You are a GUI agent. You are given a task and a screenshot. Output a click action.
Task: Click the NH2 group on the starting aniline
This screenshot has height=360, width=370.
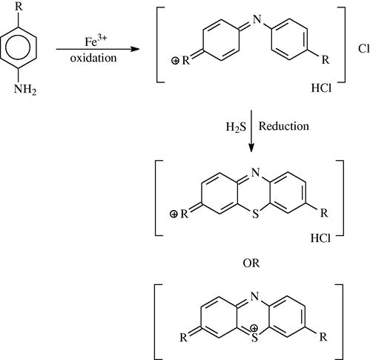(x=25, y=89)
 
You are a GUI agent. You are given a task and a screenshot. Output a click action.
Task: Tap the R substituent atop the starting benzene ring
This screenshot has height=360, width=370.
(x=19, y=6)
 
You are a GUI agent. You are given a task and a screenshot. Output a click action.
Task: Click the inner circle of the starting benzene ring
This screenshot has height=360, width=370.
(x=18, y=48)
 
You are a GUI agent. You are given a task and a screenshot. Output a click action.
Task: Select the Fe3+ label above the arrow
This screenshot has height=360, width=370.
(x=96, y=41)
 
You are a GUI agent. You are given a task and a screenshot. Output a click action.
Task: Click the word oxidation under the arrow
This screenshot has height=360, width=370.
(x=93, y=58)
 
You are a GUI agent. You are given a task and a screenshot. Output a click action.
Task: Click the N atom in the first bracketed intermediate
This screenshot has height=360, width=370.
(x=257, y=19)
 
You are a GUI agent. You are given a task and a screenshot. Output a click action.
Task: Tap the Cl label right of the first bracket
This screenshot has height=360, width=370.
(x=364, y=49)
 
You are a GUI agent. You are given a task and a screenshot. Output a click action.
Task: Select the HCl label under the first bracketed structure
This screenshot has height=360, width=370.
(x=321, y=88)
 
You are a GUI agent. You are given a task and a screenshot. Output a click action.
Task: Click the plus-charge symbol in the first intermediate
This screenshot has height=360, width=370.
(x=175, y=61)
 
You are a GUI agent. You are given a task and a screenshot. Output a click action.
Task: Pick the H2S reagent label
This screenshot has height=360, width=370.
(x=237, y=127)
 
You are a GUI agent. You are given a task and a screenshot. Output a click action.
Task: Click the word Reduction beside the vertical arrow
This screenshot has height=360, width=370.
(x=284, y=126)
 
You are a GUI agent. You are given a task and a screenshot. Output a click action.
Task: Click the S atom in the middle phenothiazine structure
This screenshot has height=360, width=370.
(x=255, y=214)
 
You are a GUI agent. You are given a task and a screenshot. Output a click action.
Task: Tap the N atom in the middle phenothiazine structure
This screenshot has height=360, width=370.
(x=256, y=172)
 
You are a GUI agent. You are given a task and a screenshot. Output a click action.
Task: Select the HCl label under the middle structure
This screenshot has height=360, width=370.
(x=320, y=238)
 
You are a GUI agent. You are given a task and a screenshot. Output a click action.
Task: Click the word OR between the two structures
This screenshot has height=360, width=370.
(x=251, y=264)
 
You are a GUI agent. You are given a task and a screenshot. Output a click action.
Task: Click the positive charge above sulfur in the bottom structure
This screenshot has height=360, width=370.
(x=254, y=328)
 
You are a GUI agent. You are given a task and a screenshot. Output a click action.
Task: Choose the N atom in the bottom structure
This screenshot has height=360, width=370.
(x=255, y=296)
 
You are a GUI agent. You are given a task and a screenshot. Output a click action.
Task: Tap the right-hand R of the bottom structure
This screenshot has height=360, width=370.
(x=323, y=337)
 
